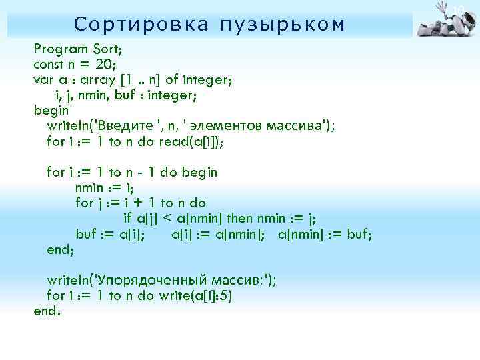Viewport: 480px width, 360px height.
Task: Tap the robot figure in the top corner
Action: click(x=445, y=19)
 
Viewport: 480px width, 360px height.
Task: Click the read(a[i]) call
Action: click(x=196, y=141)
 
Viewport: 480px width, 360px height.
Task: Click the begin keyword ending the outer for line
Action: click(x=199, y=172)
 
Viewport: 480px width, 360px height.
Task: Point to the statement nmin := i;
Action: click(x=105, y=187)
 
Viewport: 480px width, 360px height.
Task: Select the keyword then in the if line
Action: click(x=241, y=218)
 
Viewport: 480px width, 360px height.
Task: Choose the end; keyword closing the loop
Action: click(x=61, y=249)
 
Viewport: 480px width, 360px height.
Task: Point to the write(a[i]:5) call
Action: click(x=195, y=295)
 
